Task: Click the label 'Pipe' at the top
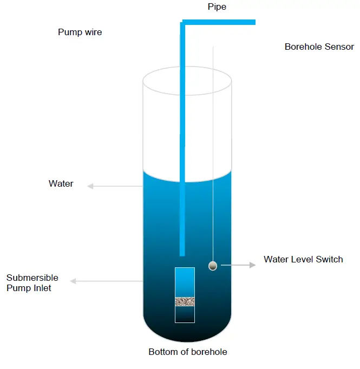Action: [217, 6]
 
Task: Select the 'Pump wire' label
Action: [80, 32]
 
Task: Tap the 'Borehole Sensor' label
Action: [319, 47]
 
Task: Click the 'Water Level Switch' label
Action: [303, 259]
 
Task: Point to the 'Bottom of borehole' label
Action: [188, 352]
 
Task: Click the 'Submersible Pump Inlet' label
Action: [32, 283]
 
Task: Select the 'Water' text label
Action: [61, 184]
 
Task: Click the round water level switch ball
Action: [213, 265]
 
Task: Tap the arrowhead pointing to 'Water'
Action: [90, 186]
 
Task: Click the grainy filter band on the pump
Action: [185, 301]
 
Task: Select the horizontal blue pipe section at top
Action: [222, 22]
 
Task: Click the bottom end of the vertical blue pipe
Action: [182, 253]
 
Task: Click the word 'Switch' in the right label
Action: [330, 259]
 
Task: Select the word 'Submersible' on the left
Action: [32, 278]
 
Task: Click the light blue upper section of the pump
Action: [185, 281]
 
